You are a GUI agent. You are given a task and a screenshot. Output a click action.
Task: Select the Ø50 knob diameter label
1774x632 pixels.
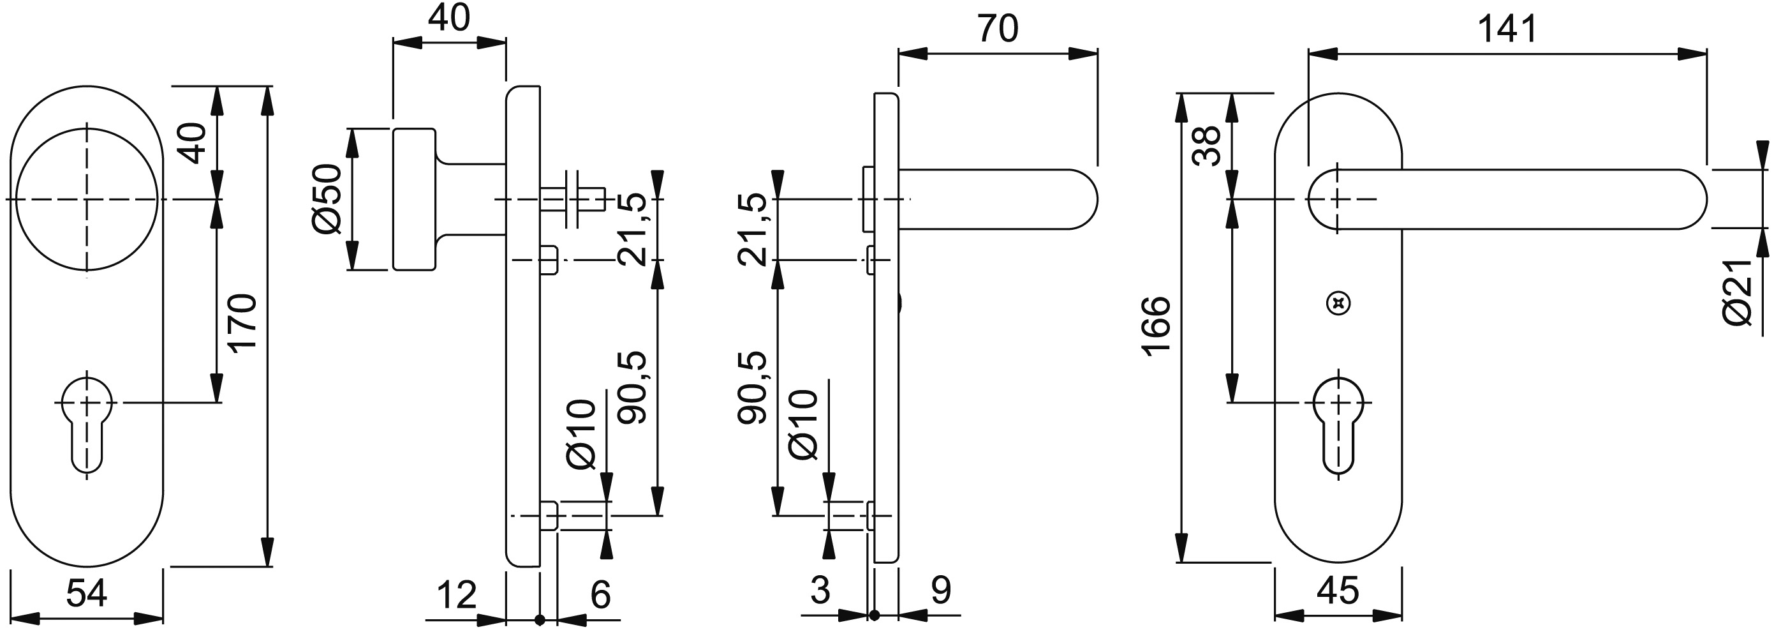pyautogui.click(x=327, y=199)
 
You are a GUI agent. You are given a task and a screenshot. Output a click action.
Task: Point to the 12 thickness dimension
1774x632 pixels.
pyautogui.click(x=457, y=595)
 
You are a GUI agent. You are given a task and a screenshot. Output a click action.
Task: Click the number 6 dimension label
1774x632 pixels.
pyautogui.click(x=600, y=595)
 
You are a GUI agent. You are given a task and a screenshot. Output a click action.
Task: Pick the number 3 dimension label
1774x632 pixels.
pyautogui.click(x=820, y=590)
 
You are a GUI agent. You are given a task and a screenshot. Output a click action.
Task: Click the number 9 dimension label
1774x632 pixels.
pyautogui.click(x=941, y=590)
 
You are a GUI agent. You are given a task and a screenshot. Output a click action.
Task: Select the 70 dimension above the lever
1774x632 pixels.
pyautogui.click(x=998, y=29)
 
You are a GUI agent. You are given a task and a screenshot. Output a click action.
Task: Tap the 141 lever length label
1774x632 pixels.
pyautogui.click(x=1507, y=29)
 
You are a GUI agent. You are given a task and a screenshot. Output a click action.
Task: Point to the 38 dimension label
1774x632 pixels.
pyautogui.click(x=1206, y=146)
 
